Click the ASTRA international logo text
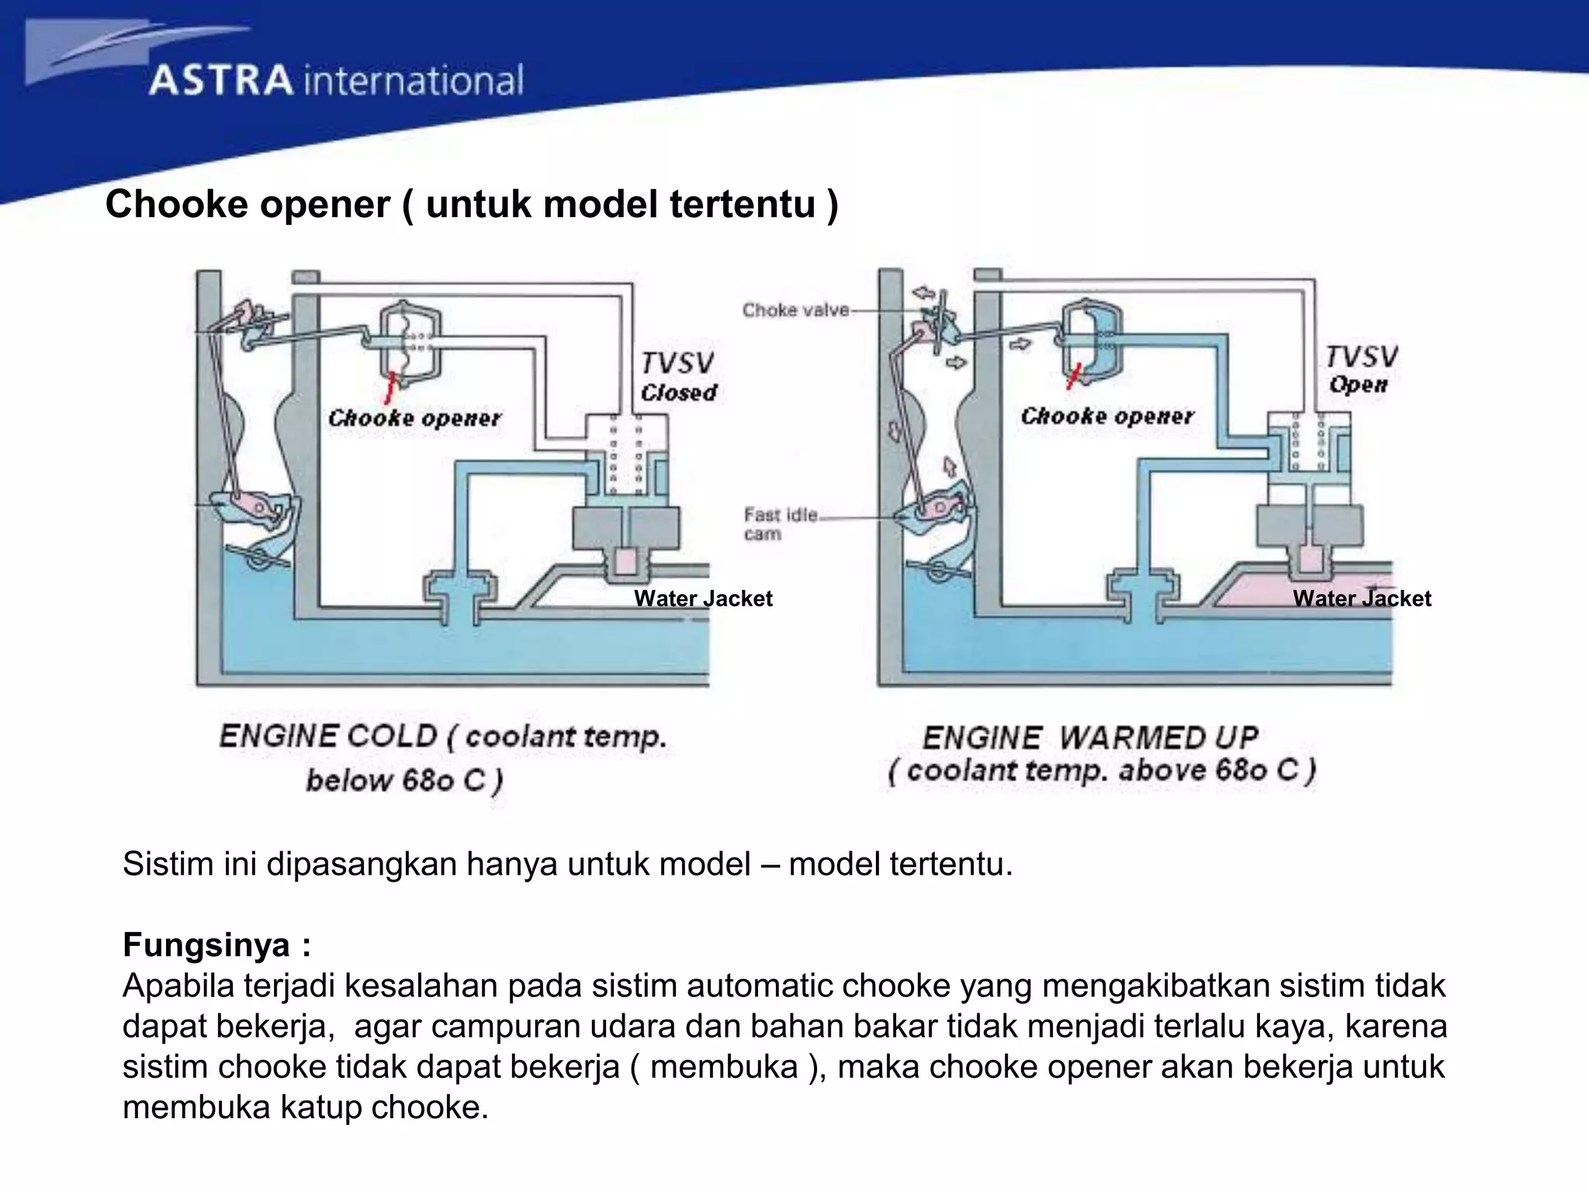pos(335,81)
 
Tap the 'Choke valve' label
pos(795,310)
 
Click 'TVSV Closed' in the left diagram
pos(678,378)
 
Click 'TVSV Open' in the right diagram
pos(1360,370)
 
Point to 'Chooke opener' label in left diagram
pos(414,418)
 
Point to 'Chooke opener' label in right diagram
pos(1106,416)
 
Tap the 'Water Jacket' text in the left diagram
pos(703,599)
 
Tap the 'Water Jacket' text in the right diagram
pos(1362,599)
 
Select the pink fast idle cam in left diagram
pos(257,504)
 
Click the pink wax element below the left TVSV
pos(625,561)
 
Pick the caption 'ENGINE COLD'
pos(327,736)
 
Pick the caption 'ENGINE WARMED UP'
pos(1089,737)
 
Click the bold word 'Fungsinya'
pos(206,944)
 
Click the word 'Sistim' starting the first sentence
pos(165,864)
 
